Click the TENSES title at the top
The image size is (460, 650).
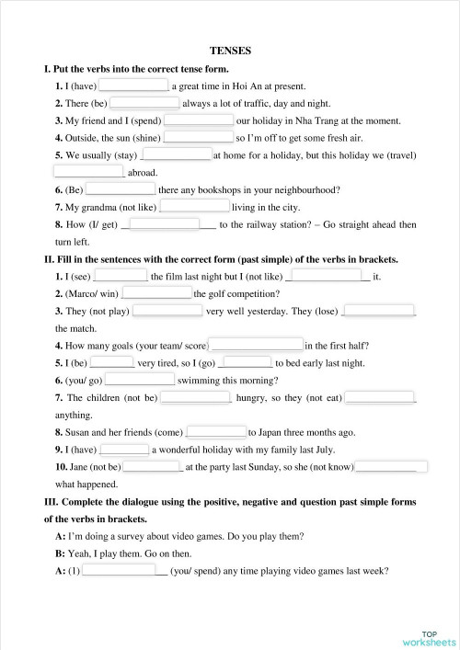click(231, 51)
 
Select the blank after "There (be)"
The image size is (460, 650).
click(144, 103)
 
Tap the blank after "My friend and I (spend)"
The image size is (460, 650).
click(198, 120)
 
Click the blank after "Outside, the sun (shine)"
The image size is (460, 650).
click(198, 137)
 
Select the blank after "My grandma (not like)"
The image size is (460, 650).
click(195, 207)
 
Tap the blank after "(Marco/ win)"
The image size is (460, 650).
click(156, 293)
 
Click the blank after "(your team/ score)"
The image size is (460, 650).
click(256, 346)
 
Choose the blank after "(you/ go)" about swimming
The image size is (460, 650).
click(140, 380)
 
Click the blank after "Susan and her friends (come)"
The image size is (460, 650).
click(217, 431)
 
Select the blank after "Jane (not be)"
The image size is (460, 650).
click(153, 466)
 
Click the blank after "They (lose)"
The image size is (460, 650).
click(378, 311)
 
